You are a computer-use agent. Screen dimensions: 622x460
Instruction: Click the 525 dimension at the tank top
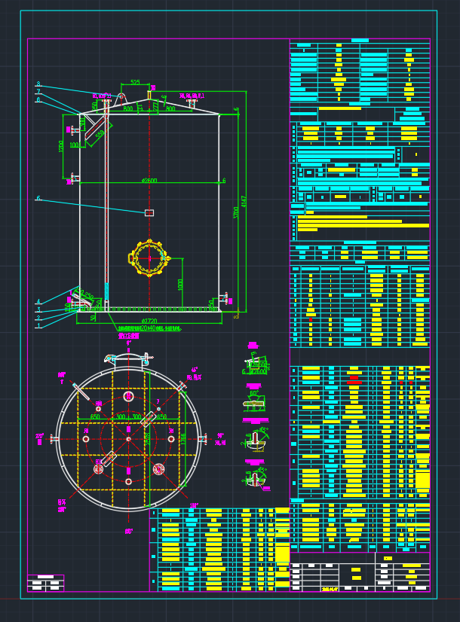coord(135,82)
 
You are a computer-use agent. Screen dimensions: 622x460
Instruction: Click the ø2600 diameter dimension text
coord(149,181)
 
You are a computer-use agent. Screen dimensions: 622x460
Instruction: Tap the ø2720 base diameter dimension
coord(149,321)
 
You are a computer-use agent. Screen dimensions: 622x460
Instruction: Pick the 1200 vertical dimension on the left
coord(61,145)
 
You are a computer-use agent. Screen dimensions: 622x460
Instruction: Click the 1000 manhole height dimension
coord(180,285)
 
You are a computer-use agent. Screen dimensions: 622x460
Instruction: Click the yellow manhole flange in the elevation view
coord(149,258)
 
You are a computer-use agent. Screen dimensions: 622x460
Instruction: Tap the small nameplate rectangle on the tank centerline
coord(149,213)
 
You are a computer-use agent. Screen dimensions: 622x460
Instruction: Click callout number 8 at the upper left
coord(38,84)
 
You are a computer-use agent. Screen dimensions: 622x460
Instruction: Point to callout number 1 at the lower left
coord(38,325)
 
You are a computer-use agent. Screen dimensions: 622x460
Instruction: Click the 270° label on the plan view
coord(39,436)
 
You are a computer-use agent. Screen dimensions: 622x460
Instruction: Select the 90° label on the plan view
coord(220,436)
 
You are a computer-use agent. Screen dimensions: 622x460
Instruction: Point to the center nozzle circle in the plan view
coord(128,439)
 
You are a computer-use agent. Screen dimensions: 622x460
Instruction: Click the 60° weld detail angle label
coord(254,393)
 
